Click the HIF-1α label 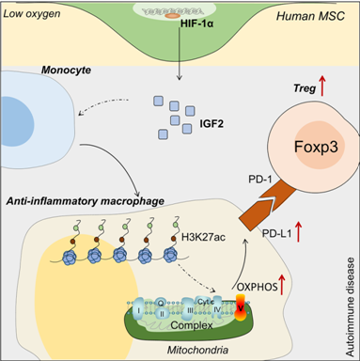[197, 24]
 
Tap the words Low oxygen [32, 14]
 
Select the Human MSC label [310, 16]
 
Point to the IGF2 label [211, 124]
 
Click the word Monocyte [66, 70]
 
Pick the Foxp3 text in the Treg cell [316, 147]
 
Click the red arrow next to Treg [322, 86]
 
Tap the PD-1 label [260, 180]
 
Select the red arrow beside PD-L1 [298, 231]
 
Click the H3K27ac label [203, 237]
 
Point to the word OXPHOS [258, 287]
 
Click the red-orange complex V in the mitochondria [241, 307]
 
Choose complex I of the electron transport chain [138, 309]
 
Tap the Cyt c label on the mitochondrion [206, 302]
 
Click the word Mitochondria [197, 350]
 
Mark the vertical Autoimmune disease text [351, 306]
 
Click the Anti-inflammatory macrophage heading [85, 201]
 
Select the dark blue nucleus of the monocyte [17, 121]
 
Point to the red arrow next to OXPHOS [282, 284]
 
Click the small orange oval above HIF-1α [173, 15]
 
